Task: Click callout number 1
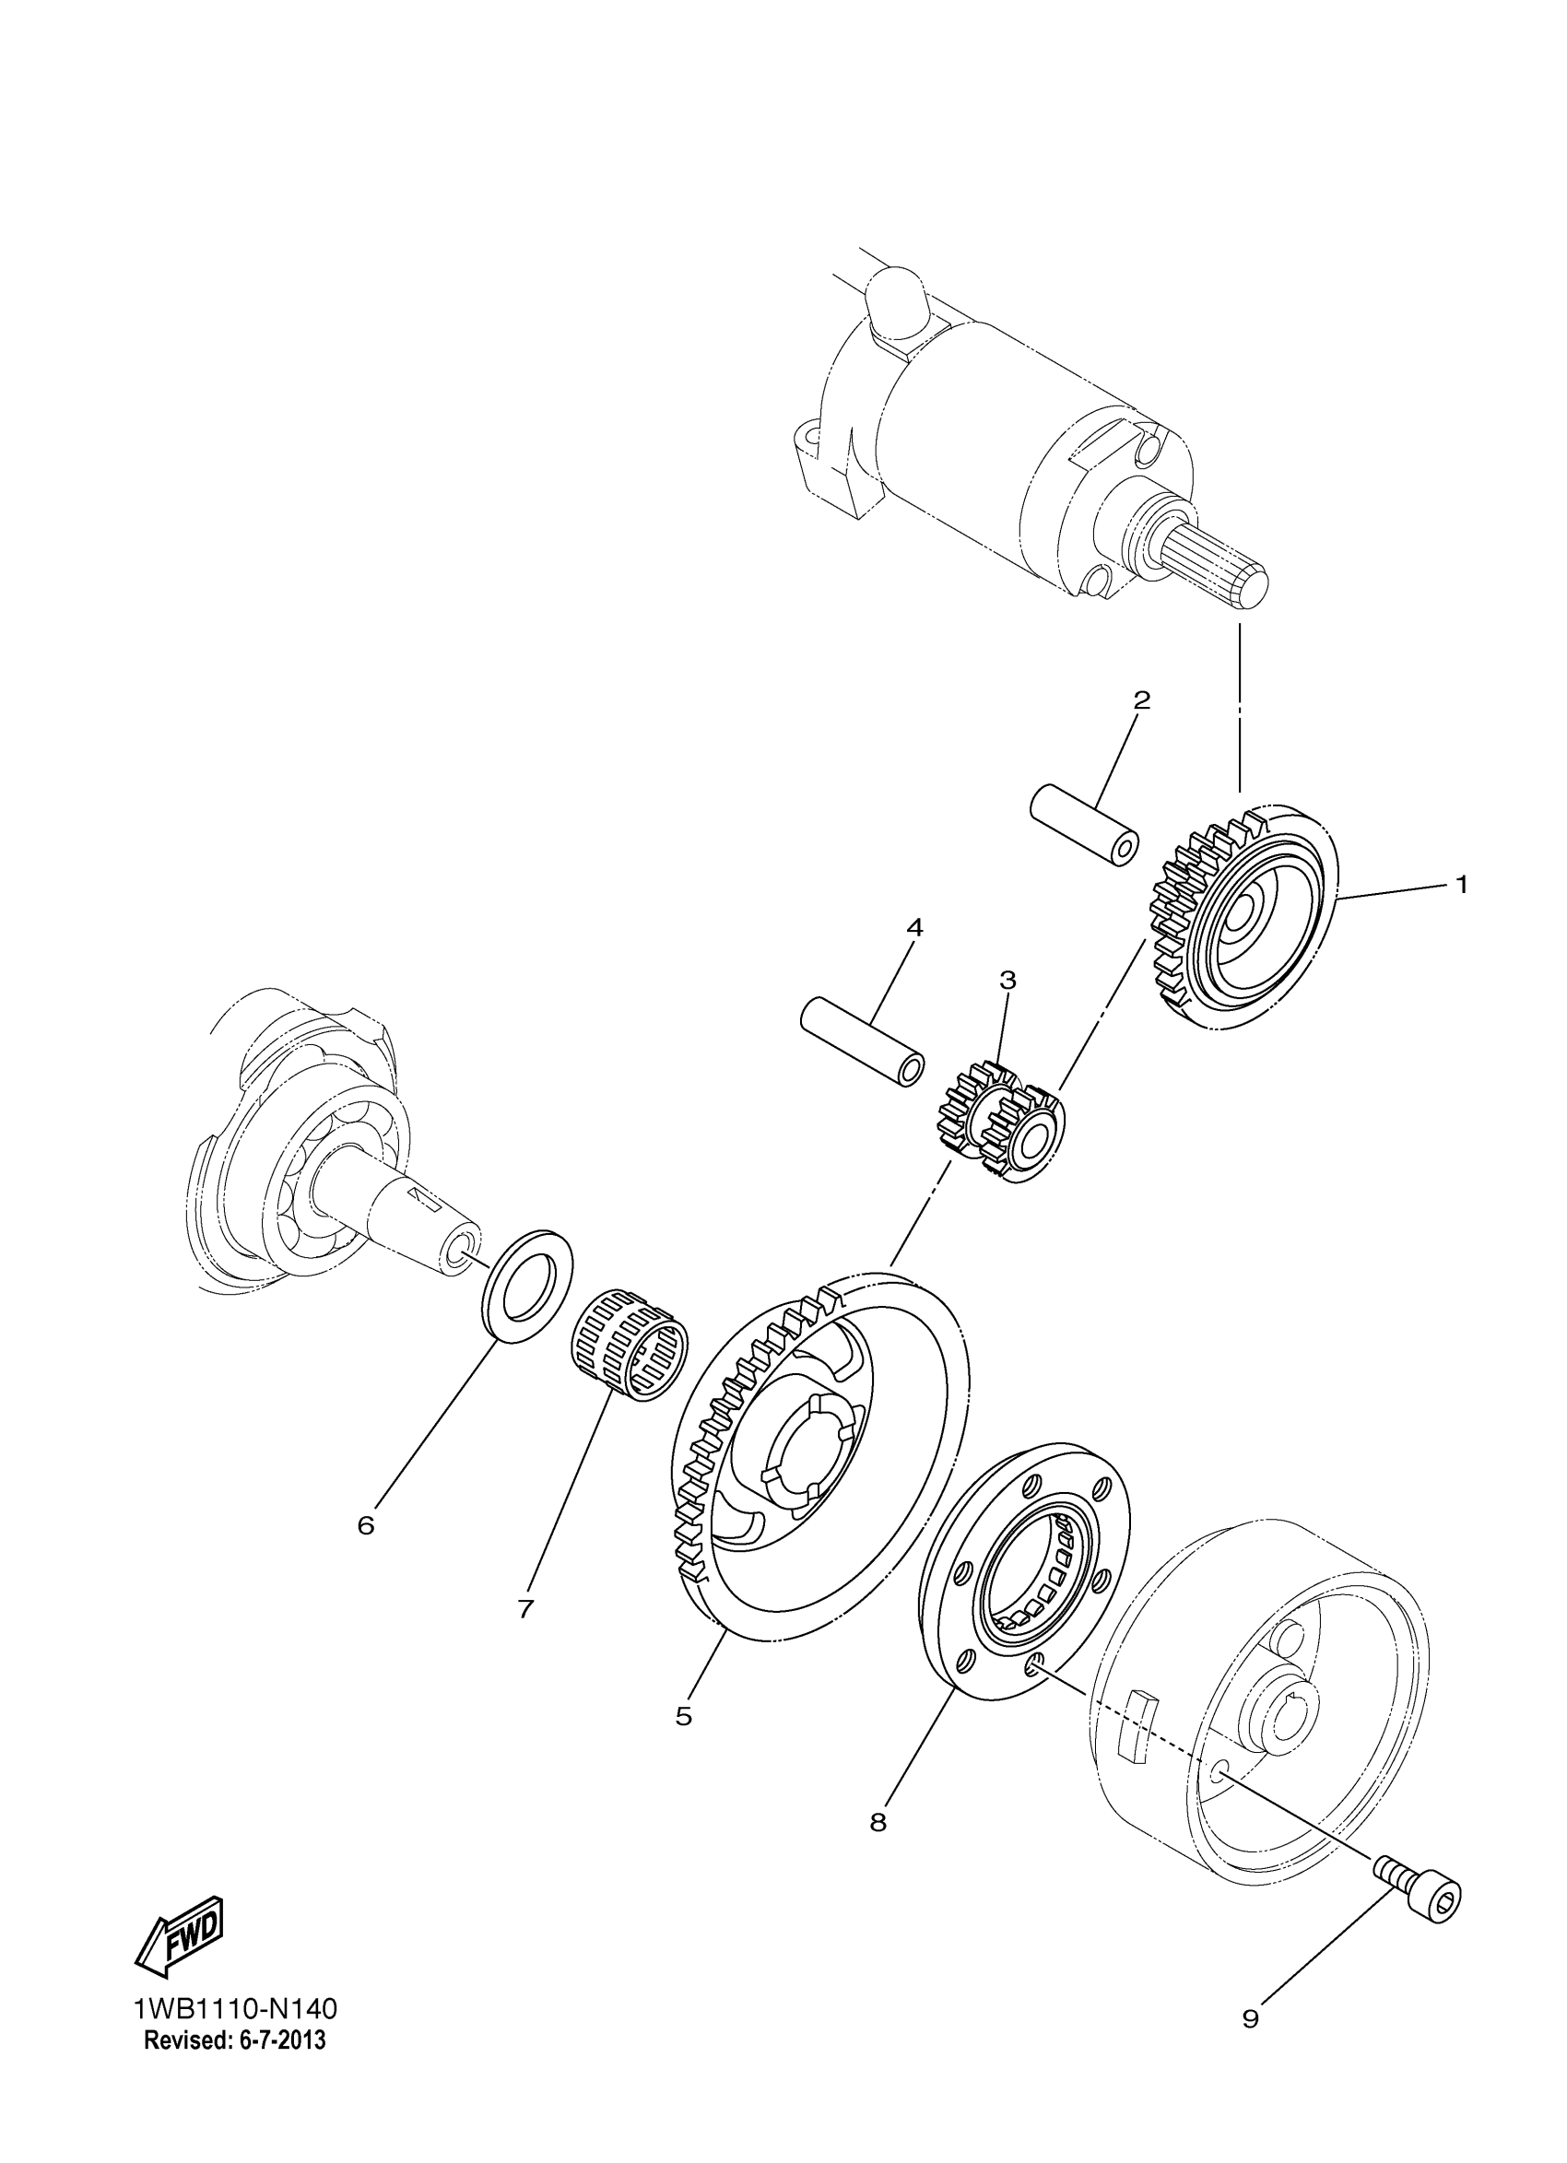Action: point(1460,885)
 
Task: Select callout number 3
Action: point(1007,980)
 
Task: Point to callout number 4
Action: point(913,926)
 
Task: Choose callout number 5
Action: point(683,1717)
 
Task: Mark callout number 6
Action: point(366,1525)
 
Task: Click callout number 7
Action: point(524,1609)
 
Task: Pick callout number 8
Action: point(878,1823)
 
